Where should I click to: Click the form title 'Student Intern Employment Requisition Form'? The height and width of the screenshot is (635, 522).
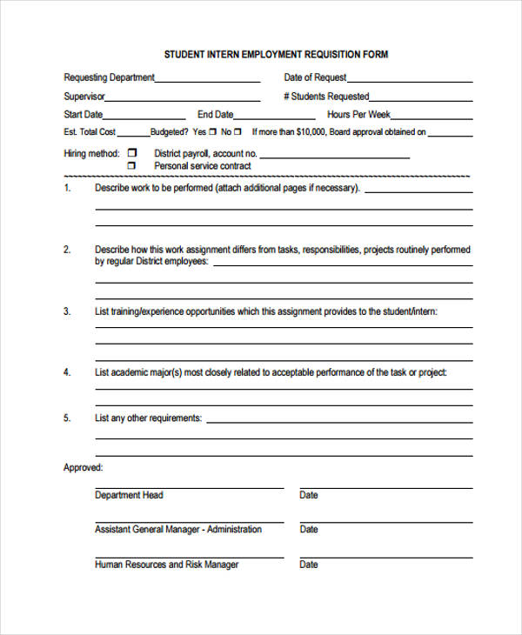coord(276,54)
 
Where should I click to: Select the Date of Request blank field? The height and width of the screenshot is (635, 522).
coord(410,80)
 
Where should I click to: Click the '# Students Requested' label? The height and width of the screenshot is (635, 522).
coord(326,97)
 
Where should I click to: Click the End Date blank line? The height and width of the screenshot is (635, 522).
coord(276,117)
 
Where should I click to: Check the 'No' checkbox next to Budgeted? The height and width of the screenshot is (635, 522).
coord(238,132)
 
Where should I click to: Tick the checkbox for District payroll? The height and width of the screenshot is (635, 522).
coord(132,153)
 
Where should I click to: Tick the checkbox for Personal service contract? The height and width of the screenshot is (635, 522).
coord(132,165)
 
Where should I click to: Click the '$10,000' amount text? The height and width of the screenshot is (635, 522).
coord(310,132)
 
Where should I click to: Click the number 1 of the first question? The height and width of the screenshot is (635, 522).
coord(67,188)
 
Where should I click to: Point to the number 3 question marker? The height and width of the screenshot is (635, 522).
coord(67,311)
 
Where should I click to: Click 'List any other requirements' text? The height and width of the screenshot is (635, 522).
coord(148,418)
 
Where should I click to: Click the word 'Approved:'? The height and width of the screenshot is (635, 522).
coord(83,468)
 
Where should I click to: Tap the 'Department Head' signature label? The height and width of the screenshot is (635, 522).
coord(129,495)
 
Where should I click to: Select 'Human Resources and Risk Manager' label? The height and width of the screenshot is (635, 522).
coord(166,565)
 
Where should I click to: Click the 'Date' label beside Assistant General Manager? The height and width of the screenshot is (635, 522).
coord(309,529)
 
